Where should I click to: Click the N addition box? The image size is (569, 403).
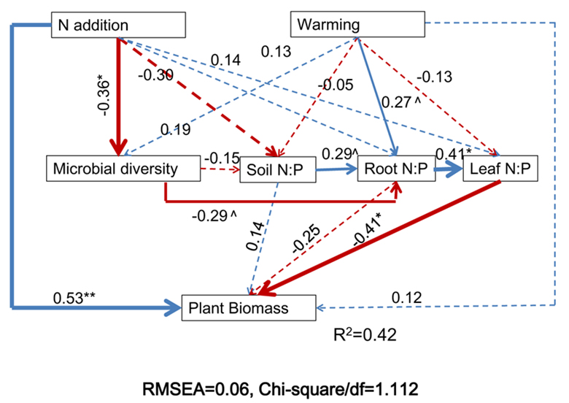pos(117,26)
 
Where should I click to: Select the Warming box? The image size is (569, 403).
pos(357,26)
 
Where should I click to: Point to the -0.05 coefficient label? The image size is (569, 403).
pos(336,85)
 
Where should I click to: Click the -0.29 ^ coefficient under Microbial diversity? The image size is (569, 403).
pos(214,215)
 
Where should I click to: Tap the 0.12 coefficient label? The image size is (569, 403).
pos(406,298)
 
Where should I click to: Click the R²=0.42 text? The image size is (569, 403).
pos(359,337)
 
